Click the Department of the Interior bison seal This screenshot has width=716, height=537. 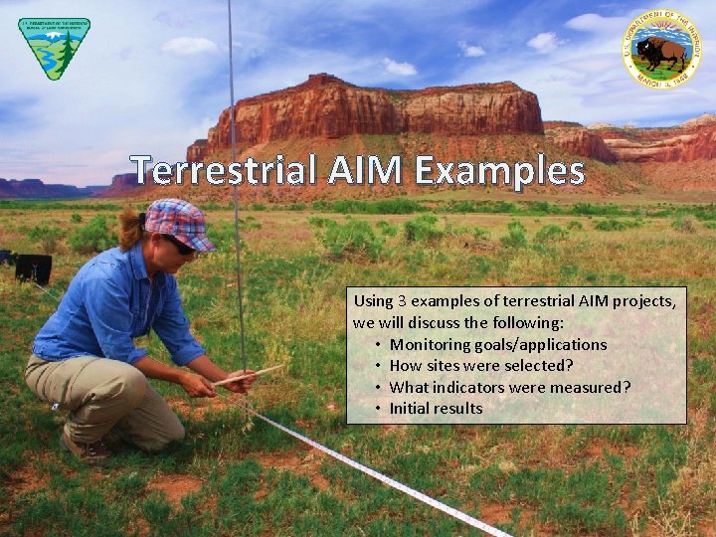tap(662, 50)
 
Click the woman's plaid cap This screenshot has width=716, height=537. tap(178, 221)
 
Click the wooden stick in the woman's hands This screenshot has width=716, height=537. tap(249, 375)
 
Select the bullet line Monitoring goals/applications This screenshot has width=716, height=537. tap(497, 344)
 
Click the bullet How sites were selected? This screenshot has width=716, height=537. tap(480, 365)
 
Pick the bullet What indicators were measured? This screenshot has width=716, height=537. tap(509, 387)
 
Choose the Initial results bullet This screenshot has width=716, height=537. tap(436, 408)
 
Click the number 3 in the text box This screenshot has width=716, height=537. tap(402, 301)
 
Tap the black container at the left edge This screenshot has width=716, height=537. tap(32, 268)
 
